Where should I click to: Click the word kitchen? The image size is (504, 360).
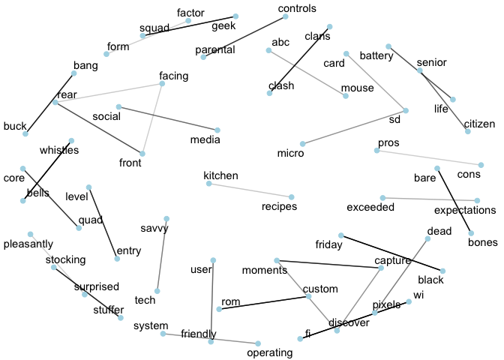[x=220, y=175]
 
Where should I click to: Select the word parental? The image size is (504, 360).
[x=215, y=50]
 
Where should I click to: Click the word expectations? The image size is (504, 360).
[x=465, y=210]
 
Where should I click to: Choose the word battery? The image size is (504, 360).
[x=376, y=55]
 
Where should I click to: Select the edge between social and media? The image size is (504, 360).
[x=168, y=118]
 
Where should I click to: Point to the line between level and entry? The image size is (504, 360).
[x=103, y=223]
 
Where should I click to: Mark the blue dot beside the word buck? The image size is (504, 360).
[x=25, y=134]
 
